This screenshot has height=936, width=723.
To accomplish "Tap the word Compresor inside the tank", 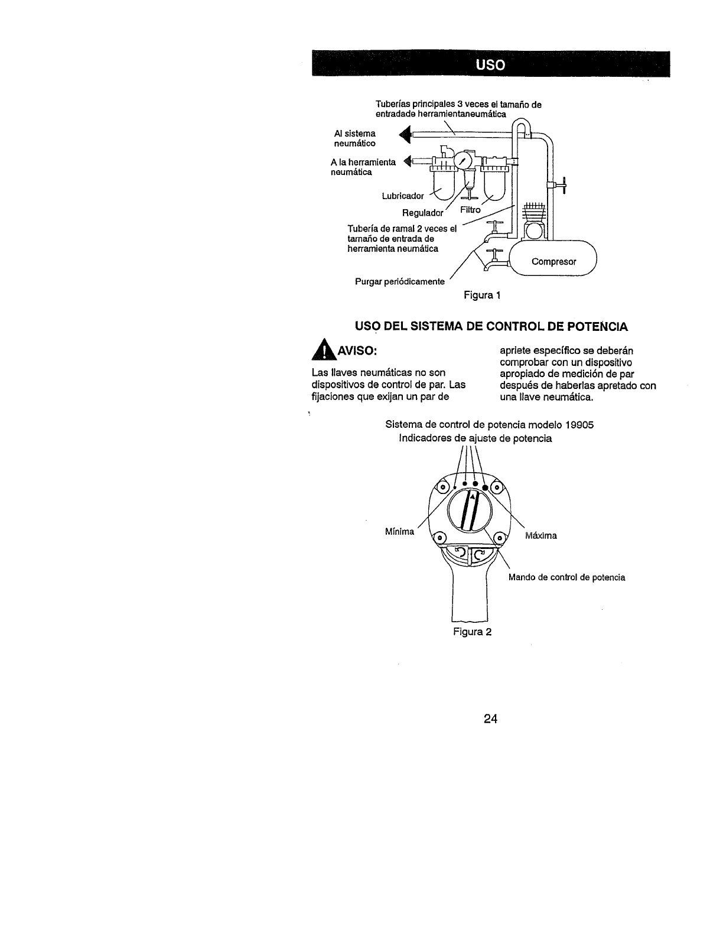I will [553, 261].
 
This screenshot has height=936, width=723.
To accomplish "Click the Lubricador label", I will [403, 196].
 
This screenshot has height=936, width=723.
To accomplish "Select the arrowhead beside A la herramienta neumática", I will [406, 160].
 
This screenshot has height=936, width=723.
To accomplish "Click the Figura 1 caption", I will [483, 295].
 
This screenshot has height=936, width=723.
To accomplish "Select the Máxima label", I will [540, 536].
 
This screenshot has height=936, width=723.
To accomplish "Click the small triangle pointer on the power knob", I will [473, 497].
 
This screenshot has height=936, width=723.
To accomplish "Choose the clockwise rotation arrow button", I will [480, 554].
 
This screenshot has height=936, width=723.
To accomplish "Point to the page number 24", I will [490, 719].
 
